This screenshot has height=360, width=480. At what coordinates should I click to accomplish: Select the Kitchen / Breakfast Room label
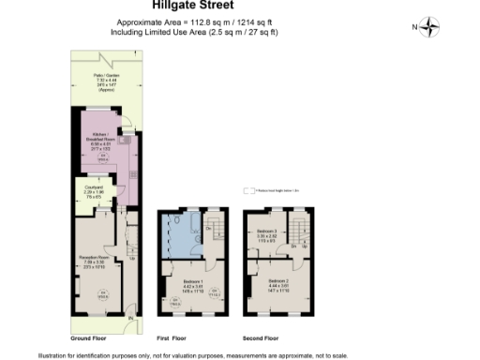click(x=99, y=143)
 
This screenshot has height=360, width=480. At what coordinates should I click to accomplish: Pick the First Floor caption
click(x=171, y=337)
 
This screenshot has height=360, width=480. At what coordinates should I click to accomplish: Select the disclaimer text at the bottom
click(x=192, y=354)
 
